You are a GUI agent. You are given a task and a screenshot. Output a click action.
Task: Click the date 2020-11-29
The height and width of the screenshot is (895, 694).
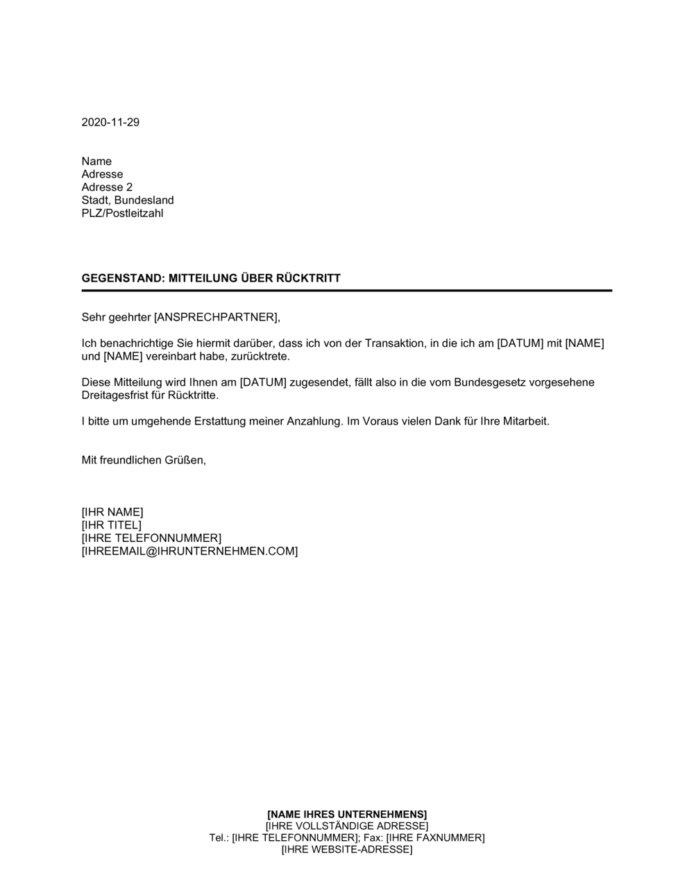tap(110, 123)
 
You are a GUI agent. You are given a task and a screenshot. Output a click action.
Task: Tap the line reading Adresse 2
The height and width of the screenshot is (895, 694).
tap(107, 187)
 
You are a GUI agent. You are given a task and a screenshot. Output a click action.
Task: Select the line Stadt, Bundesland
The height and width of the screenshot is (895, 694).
tap(128, 201)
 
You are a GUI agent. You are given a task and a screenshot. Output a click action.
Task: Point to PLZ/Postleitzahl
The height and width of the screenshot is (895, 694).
tap(122, 213)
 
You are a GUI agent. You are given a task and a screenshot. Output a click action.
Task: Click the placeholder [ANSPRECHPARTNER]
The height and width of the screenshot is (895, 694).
tap(216, 318)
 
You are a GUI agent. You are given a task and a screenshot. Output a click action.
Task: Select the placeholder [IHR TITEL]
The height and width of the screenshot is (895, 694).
tap(111, 525)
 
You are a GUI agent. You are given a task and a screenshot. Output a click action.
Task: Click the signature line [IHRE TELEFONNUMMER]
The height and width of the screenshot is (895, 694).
tap(151, 538)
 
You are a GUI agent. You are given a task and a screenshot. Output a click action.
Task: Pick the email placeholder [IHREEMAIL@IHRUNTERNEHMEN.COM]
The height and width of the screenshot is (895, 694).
tap(189, 552)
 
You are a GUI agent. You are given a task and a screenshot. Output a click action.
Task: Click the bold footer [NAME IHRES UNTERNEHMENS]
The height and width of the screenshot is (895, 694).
tap(347, 814)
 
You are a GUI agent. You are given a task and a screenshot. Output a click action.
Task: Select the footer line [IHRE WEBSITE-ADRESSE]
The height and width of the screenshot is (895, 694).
tap(347, 849)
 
